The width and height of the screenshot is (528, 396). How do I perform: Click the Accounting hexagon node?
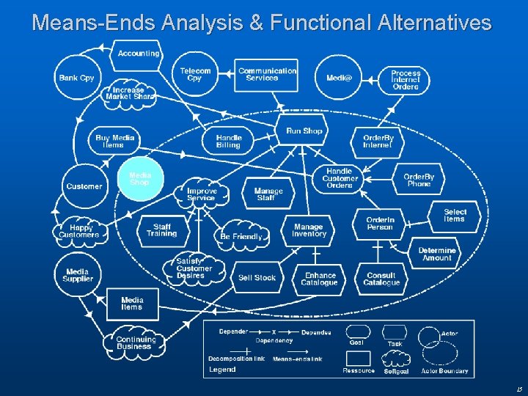click(138, 54)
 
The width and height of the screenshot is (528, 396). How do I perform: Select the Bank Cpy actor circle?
click(77, 78)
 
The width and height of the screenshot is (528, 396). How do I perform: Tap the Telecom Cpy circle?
click(195, 75)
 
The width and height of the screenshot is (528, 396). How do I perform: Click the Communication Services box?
click(267, 75)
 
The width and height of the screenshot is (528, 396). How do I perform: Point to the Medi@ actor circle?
click(339, 78)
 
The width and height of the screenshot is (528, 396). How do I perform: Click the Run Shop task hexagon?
click(304, 131)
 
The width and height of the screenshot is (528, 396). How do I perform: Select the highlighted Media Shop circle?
click(140, 178)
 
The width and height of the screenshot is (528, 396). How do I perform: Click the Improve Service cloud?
click(201, 194)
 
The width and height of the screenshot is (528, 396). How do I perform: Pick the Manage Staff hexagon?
click(268, 194)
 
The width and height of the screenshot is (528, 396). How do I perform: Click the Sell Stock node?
click(257, 277)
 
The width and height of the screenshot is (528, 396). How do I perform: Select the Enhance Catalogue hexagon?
click(320, 279)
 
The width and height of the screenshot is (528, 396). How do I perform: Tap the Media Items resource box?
click(132, 304)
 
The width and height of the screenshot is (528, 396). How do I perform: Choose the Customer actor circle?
click(84, 186)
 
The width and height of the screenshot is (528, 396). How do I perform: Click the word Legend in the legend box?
click(222, 370)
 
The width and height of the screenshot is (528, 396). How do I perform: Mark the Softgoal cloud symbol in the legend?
click(396, 357)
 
